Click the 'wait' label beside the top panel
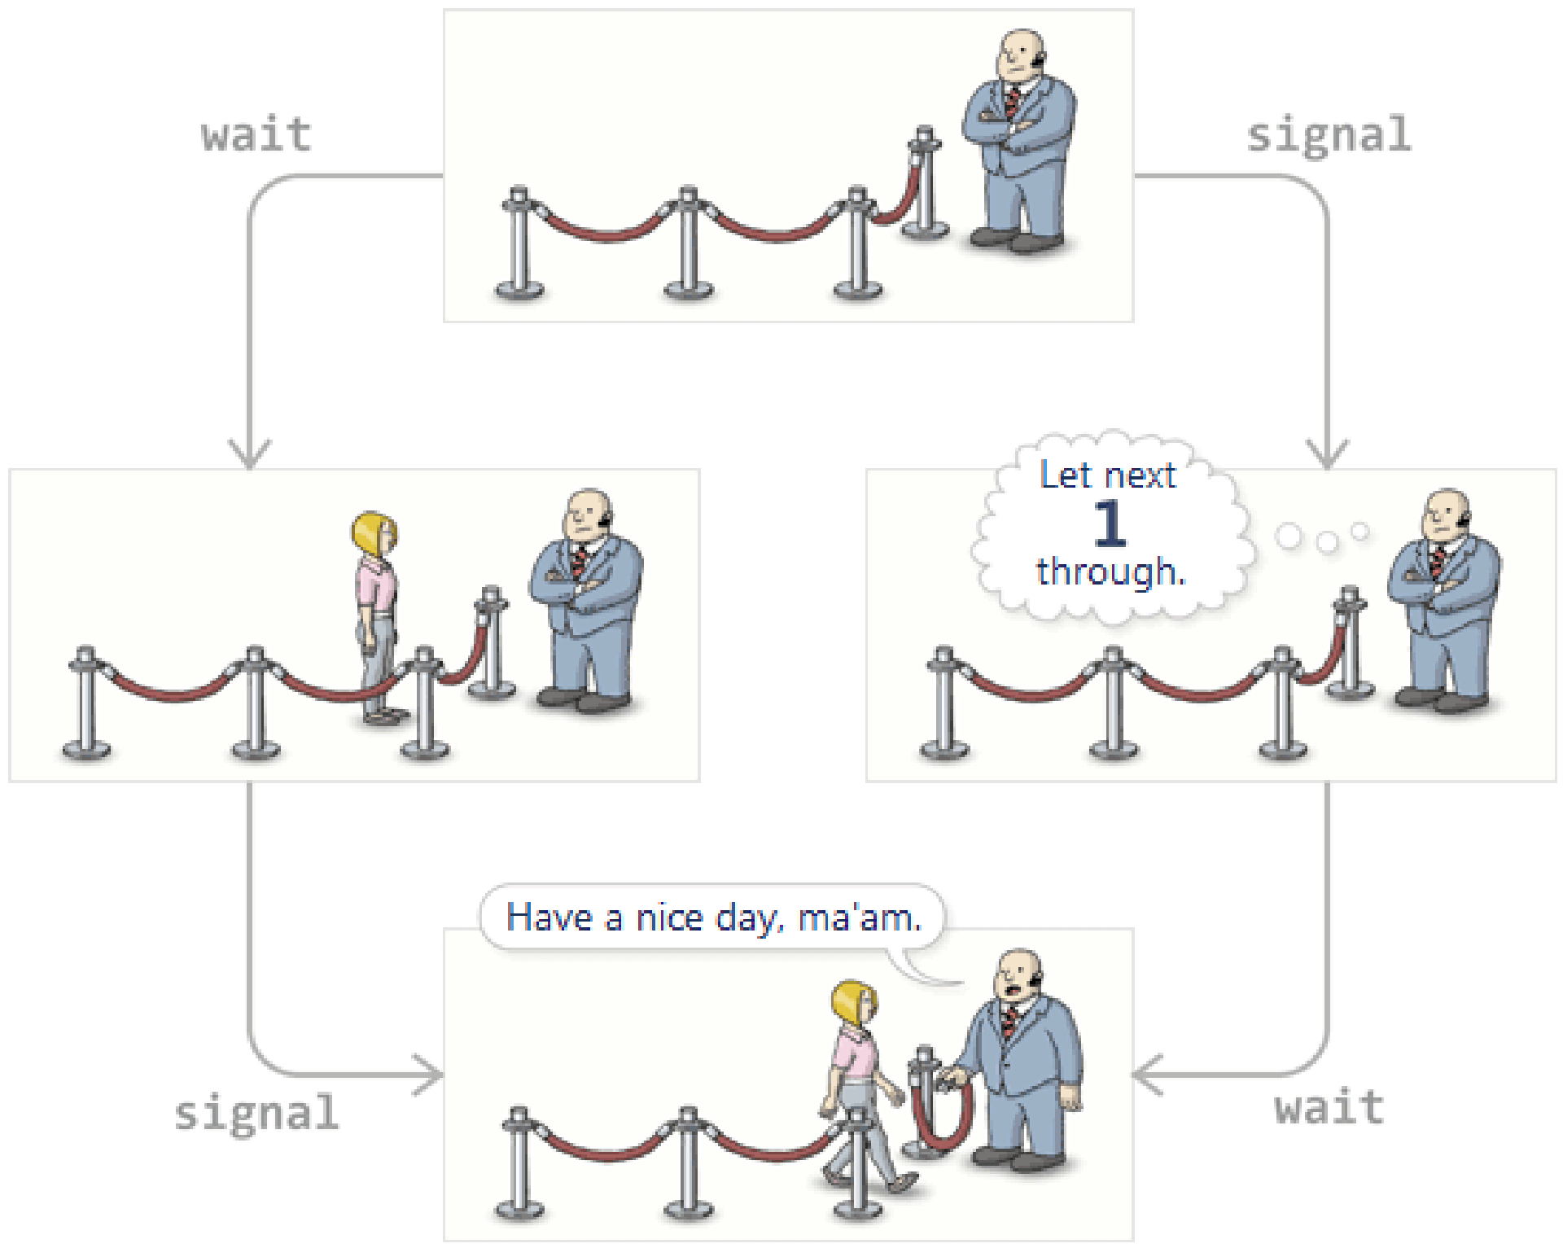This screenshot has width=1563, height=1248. click(256, 135)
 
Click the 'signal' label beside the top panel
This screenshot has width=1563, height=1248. click(1329, 135)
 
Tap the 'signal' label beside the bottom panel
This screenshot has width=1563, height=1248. click(256, 1113)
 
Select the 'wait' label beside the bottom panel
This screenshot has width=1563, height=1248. click(1329, 1108)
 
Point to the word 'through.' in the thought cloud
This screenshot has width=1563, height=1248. click(1110, 571)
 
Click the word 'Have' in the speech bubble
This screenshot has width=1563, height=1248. click(549, 917)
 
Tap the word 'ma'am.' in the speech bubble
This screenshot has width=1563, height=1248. click(860, 917)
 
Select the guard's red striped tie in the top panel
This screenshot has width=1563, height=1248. click(1012, 102)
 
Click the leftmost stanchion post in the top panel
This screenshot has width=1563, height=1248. click(519, 244)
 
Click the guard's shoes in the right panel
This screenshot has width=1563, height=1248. click(1441, 699)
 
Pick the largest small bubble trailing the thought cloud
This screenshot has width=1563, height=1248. click(1289, 536)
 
